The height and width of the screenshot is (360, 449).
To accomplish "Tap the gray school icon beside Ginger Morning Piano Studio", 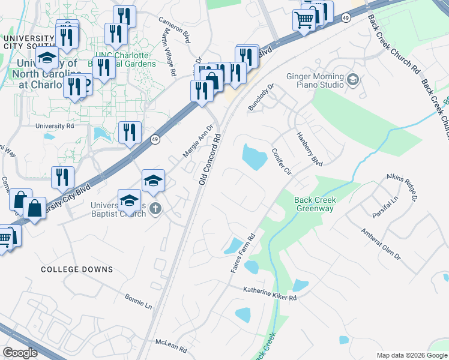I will tap(353, 79).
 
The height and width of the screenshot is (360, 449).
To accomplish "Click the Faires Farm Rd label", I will tap(243, 254).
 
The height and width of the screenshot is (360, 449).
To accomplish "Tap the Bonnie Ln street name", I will tap(138, 301).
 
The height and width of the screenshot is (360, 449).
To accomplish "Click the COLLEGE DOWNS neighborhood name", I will tap(77, 269).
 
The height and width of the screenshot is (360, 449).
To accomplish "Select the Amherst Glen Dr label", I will tap(380, 243).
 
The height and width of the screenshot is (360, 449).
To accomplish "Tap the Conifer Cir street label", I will tap(281, 161).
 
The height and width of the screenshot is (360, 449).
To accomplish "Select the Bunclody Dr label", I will tap(261, 97).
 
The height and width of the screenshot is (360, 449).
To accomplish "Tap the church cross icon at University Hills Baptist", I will tap(154, 209).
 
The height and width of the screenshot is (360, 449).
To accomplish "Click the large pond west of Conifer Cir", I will tap(254, 157).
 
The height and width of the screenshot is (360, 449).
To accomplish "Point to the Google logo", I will tap(20, 353).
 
